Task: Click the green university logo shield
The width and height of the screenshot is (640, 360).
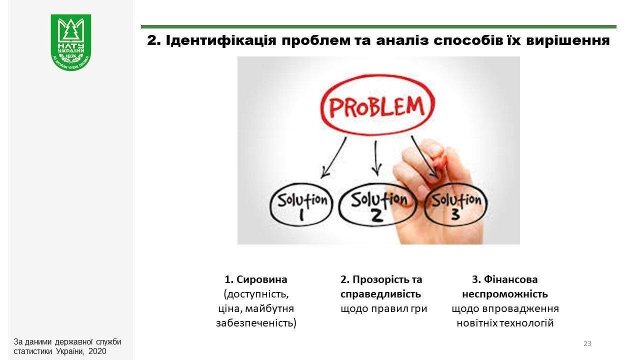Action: (x=71, y=42)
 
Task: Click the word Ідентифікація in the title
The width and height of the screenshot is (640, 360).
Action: (x=221, y=40)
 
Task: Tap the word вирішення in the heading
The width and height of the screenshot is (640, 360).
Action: (x=568, y=40)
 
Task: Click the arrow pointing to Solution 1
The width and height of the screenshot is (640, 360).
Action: (x=333, y=157)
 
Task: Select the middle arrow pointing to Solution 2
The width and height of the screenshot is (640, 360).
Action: (x=376, y=158)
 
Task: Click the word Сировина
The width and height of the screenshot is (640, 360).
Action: (x=261, y=279)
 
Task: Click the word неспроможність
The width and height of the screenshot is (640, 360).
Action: (x=505, y=294)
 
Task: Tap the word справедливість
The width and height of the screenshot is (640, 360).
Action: (x=380, y=294)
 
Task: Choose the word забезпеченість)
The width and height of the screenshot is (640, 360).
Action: (x=256, y=323)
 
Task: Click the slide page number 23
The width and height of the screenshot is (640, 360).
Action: (x=587, y=343)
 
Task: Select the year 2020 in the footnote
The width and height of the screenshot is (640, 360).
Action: (x=97, y=351)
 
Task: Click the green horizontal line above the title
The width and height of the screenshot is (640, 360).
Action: (x=378, y=27)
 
